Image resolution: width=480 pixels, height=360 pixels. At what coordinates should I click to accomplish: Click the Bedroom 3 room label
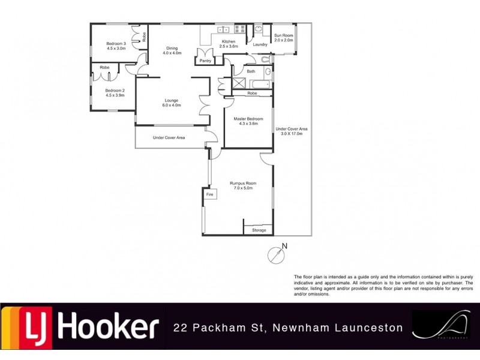tap(116, 43)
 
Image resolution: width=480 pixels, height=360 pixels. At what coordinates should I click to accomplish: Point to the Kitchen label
tap(229, 41)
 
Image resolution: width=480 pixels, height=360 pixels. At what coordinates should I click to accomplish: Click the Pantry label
tap(206, 61)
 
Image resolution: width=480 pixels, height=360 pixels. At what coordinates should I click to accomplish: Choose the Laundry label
tap(260, 44)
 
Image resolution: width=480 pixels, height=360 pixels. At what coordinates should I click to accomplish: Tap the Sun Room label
tap(283, 35)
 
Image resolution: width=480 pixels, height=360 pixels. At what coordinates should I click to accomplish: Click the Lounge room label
tap(172, 100)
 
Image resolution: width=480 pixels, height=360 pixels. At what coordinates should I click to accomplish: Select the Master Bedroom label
tap(248, 119)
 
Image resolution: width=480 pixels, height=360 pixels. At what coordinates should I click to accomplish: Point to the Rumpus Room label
tap(243, 184)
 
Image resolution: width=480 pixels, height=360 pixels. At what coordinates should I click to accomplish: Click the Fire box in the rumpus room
tap(209, 195)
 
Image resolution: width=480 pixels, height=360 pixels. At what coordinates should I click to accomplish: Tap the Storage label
tap(259, 230)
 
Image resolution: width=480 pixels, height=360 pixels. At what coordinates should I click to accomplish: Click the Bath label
tap(251, 71)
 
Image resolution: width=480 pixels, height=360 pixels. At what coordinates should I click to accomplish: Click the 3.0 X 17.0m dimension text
tap(292, 134)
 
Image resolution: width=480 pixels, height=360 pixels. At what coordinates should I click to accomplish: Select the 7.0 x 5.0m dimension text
tap(243, 188)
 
